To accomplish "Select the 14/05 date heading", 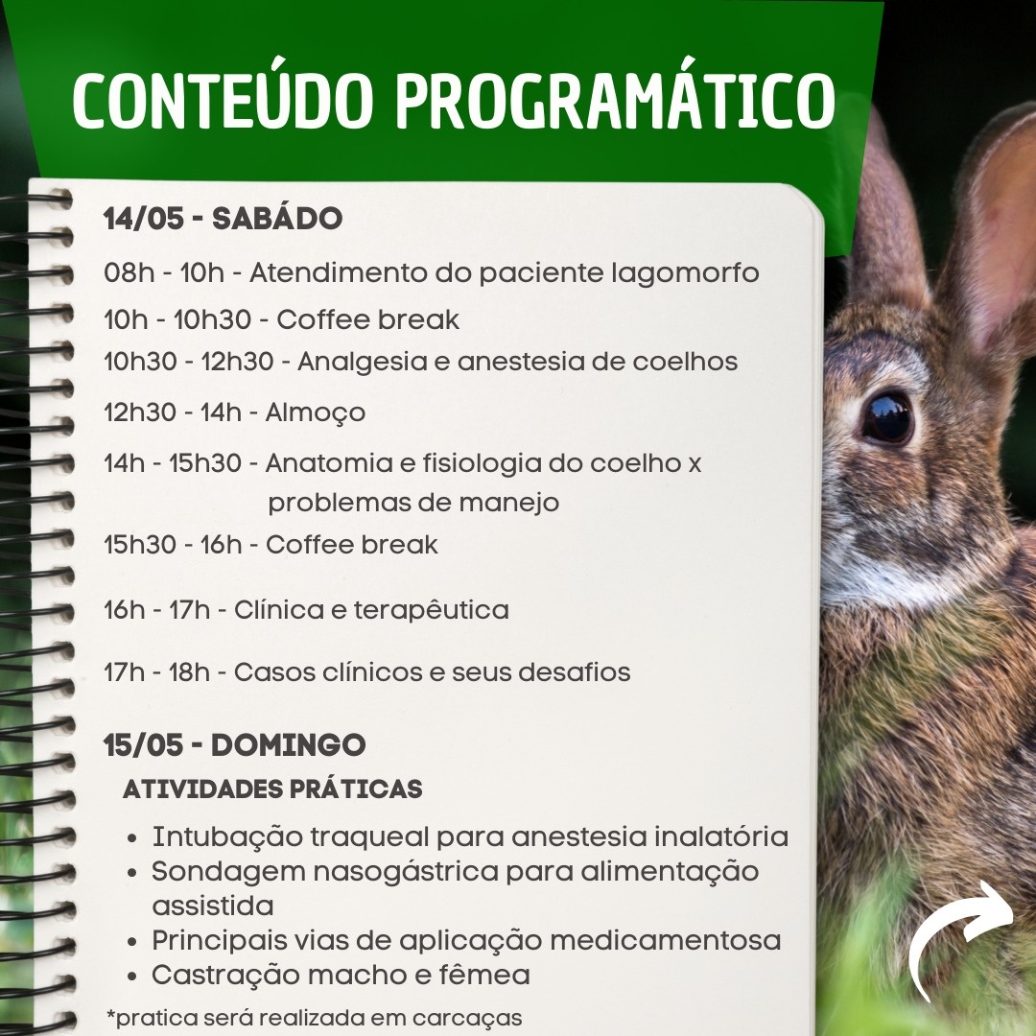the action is pyautogui.click(x=143, y=219).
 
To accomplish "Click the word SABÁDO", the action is pyautogui.click(x=277, y=218).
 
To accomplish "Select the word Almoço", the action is pyautogui.click(x=316, y=413).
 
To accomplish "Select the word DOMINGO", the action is pyautogui.click(x=288, y=745).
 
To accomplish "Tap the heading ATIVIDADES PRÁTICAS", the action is pyautogui.click(x=272, y=789).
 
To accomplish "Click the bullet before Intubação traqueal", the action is pyautogui.click(x=132, y=838).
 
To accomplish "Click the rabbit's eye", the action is pyautogui.click(x=886, y=418).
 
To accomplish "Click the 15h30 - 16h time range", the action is pyautogui.click(x=173, y=545).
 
